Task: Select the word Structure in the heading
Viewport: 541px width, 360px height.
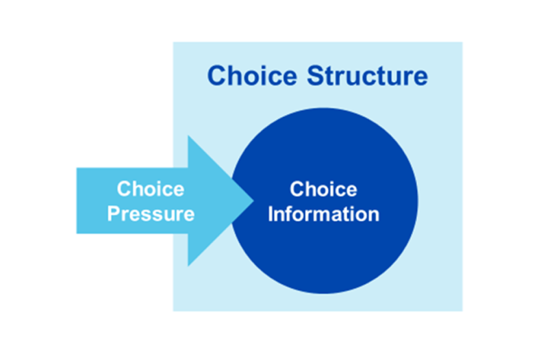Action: (367, 76)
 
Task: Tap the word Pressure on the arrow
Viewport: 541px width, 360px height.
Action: (151, 214)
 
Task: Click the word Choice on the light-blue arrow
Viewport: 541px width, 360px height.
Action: (151, 189)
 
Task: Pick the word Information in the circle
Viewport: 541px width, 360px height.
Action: (323, 214)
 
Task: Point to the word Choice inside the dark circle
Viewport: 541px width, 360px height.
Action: (323, 189)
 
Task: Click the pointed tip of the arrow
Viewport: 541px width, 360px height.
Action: (254, 201)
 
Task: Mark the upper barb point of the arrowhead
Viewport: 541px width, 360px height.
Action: (188, 136)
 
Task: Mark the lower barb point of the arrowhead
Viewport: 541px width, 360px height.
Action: (188, 266)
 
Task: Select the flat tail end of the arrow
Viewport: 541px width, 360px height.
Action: (77, 201)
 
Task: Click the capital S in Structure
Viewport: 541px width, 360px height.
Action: (316, 76)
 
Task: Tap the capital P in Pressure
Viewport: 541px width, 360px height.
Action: (113, 214)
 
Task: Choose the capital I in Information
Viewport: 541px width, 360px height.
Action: (270, 214)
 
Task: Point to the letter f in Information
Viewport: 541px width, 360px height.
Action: (290, 214)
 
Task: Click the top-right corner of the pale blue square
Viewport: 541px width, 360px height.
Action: (462, 42)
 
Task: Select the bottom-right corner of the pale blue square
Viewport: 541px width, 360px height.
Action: (462, 310)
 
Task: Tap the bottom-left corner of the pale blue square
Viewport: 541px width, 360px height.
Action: (173, 310)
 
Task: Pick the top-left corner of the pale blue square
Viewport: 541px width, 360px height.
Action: (173, 42)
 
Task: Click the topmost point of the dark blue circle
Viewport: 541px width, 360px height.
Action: (324, 108)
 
